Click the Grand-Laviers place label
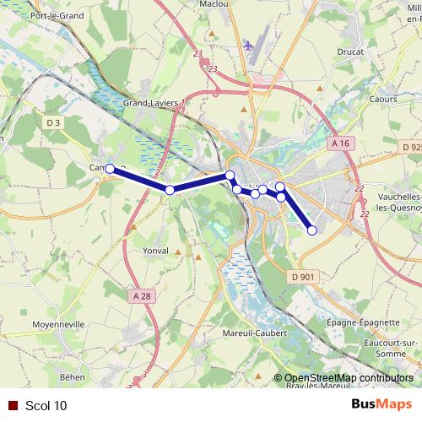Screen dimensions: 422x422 tap(151, 104)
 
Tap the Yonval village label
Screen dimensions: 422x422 tap(156, 251)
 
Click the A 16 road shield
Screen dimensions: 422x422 tap(340, 143)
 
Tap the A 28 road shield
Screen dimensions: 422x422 tap(142, 295)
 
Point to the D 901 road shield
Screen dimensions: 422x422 tap(303, 276)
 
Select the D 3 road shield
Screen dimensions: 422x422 tap(53, 123)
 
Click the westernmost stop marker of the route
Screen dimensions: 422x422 tap(110, 169)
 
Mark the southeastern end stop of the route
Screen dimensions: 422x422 tap(311, 230)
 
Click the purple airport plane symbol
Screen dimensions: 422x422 tap(246, 44)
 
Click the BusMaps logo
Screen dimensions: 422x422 tap(381, 404)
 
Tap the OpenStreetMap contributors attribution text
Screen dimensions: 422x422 tap(349, 378)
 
